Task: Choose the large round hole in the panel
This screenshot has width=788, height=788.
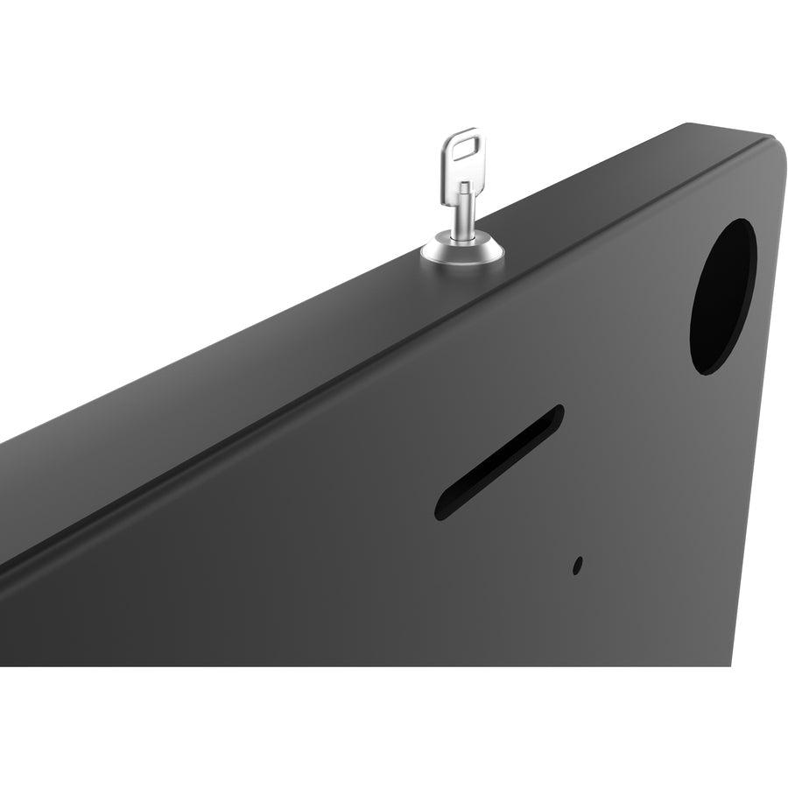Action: pyautogui.click(x=722, y=296)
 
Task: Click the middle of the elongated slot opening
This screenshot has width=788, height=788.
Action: pyautogui.click(x=499, y=461)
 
